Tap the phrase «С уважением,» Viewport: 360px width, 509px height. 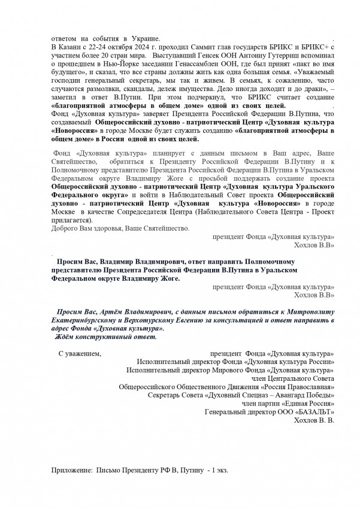(80, 354)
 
